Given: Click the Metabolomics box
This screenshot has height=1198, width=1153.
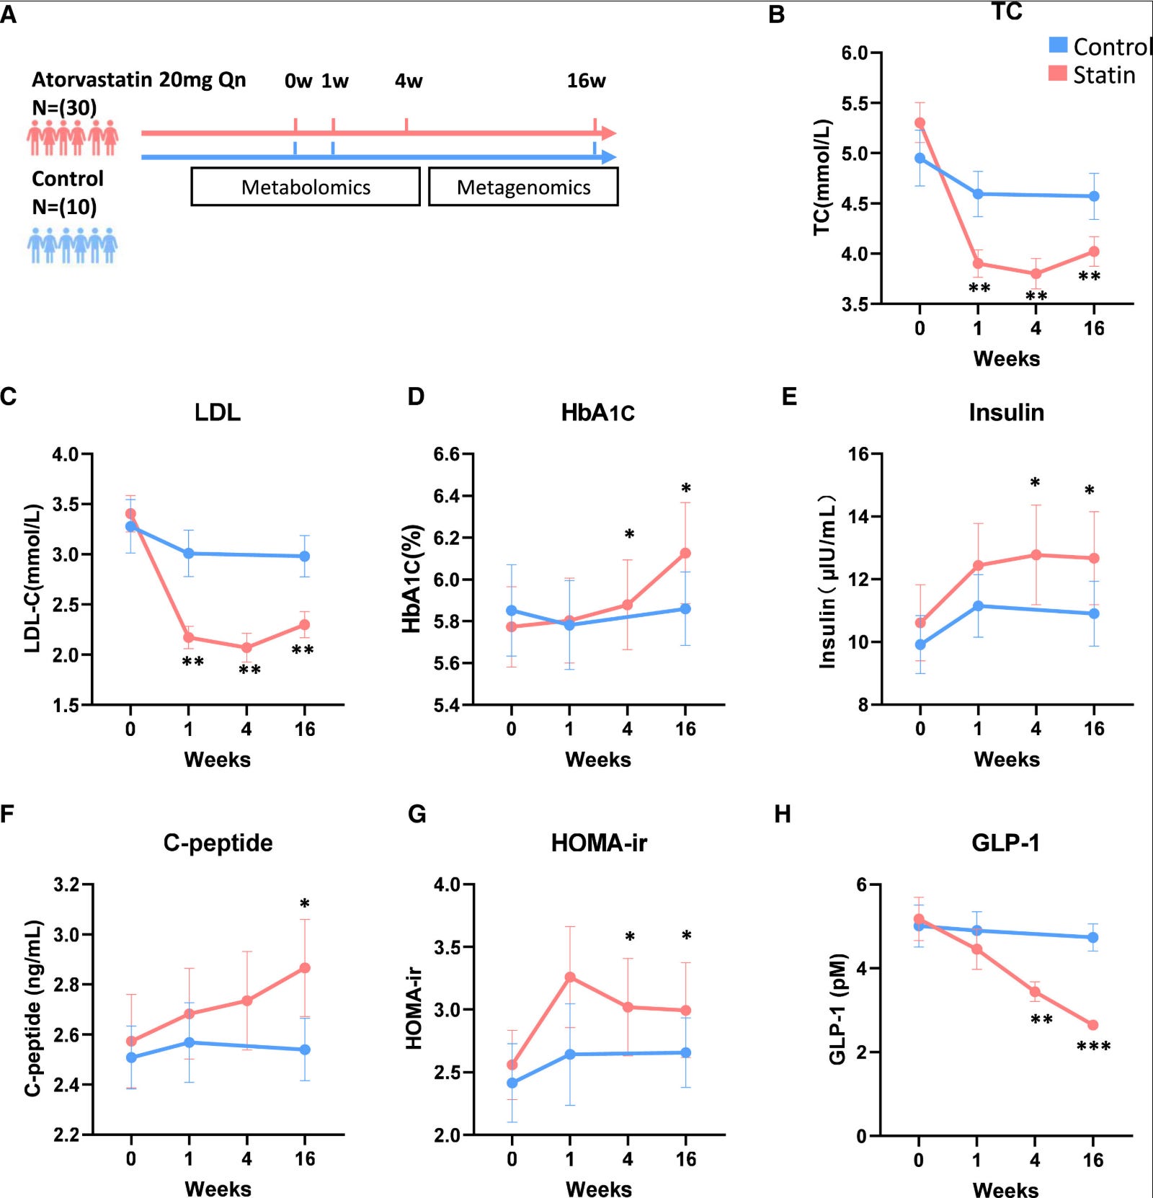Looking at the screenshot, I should click(306, 187).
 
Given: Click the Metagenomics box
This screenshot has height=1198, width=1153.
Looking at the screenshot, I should click(523, 187).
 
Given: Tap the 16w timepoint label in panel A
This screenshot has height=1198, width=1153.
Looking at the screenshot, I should click(586, 81).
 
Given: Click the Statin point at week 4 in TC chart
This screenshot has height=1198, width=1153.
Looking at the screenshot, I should click(1036, 274).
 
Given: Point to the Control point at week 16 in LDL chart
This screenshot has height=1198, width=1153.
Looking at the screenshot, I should click(305, 556).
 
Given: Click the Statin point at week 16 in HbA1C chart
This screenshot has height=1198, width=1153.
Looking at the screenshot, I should click(685, 553).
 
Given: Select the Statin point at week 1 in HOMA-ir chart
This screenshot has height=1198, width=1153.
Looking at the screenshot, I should click(570, 977).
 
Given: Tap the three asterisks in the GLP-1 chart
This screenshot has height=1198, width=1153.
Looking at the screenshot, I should click(1093, 1046).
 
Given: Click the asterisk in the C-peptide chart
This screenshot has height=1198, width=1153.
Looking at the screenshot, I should click(305, 904).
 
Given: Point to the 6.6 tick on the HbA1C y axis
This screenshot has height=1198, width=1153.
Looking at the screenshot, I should click(448, 454).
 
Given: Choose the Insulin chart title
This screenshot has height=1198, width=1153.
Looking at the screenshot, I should click(1006, 412).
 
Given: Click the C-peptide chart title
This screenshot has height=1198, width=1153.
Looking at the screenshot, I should click(218, 843).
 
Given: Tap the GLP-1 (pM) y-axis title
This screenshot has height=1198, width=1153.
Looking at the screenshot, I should click(837, 1009).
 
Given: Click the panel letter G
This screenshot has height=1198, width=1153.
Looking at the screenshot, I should click(417, 815).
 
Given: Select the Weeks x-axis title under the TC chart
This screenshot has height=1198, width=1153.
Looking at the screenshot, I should click(1006, 358).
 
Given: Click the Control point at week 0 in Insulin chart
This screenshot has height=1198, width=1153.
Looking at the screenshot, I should click(920, 644).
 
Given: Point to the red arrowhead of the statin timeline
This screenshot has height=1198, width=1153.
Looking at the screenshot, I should click(609, 133).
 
